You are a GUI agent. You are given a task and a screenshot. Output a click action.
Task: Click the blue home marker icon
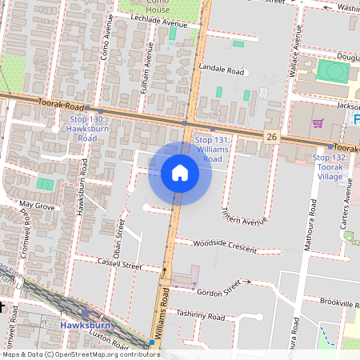pyautogui.click(x=180, y=173)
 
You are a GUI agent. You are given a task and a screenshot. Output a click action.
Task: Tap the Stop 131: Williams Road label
pyautogui.click(x=207, y=149)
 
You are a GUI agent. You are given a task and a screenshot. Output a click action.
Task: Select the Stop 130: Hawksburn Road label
pyautogui.click(x=87, y=128)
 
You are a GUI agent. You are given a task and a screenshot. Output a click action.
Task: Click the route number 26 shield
pyautogui.click(x=272, y=137)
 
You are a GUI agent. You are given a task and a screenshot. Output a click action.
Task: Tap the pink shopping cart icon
pyautogui.click(x=318, y=123)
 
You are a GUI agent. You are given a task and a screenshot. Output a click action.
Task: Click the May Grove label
pyautogui.click(x=36, y=206)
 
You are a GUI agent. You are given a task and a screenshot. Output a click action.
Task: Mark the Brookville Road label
pyautogui.click(x=335, y=303)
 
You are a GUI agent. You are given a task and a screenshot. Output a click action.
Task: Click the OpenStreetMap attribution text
pyautogui.click(x=80, y=354)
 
